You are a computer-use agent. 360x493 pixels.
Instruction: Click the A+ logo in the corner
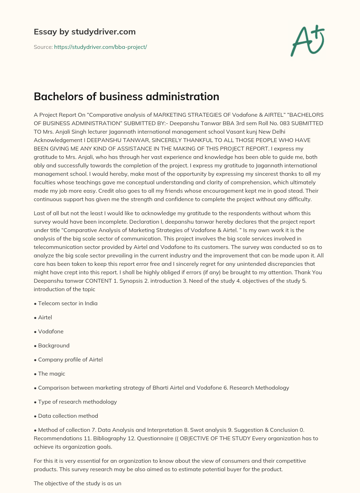[x=308, y=40]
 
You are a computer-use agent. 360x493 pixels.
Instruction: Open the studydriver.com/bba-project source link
[x=100, y=47]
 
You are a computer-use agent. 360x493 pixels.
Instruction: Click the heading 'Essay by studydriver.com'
[x=84, y=32]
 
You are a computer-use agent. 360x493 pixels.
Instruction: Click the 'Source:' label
[x=43, y=47]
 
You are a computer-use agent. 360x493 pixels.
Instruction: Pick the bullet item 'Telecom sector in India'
[x=67, y=303]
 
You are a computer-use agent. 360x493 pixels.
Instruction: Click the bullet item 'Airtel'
[x=45, y=317]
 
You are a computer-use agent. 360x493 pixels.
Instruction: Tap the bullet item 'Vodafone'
[x=51, y=331]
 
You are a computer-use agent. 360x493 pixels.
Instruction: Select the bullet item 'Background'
[x=53, y=345]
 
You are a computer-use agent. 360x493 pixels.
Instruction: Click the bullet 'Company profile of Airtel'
[x=70, y=359]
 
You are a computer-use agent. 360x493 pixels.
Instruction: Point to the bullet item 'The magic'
[x=51, y=373]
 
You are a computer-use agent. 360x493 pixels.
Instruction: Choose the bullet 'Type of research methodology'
[x=77, y=402]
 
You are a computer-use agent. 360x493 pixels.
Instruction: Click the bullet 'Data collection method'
[x=68, y=416]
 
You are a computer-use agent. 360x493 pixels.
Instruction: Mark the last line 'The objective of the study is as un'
[x=77, y=483]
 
